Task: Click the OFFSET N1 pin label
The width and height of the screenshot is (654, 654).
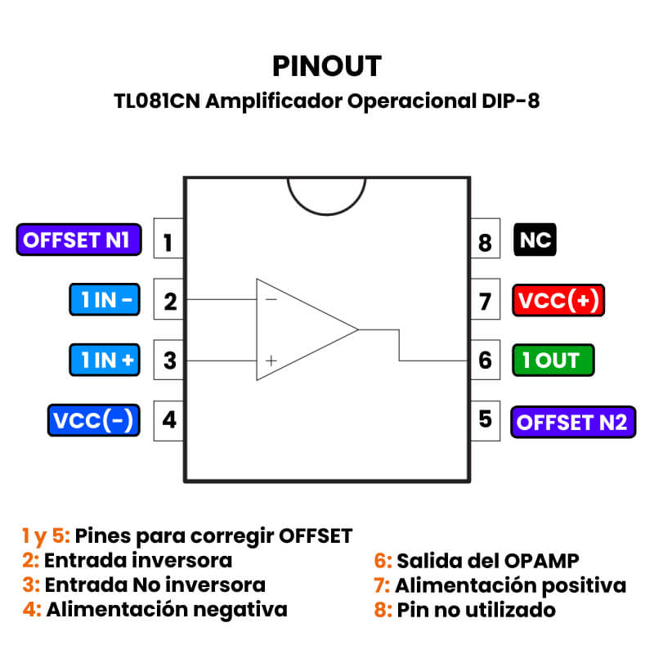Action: [78, 240]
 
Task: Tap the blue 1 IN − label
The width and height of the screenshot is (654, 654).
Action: [103, 301]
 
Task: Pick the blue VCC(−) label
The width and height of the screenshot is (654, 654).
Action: [92, 420]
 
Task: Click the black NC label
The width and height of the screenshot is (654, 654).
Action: [535, 240]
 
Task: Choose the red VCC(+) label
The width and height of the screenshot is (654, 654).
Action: [558, 301]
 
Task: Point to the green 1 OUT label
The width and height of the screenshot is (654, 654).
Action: [553, 361]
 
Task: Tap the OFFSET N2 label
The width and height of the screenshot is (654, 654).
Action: [572, 422]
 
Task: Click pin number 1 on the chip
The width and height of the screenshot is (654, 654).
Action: [168, 242]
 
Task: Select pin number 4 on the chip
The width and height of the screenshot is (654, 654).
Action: [169, 420]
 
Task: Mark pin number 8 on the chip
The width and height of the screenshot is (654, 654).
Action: [485, 243]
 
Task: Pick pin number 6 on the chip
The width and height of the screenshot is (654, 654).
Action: [485, 361]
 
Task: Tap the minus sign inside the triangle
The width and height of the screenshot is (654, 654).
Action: [271, 299]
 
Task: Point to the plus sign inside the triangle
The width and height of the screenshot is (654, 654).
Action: [271, 360]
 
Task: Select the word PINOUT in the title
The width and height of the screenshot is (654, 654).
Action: [327, 65]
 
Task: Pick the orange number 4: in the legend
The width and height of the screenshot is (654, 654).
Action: [33, 610]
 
